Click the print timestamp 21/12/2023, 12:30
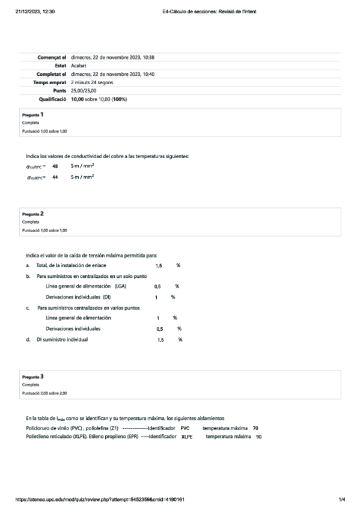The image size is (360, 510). (x=35, y=11)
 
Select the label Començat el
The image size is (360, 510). (x=51, y=57)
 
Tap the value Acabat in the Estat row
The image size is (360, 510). (x=78, y=66)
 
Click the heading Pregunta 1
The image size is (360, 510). (x=32, y=114)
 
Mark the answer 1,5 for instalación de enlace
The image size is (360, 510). (x=159, y=265)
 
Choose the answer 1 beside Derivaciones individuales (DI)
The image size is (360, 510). (x=156, y=297)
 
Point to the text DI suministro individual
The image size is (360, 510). (x=62, y=340)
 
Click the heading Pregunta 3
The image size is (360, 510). (x=32, y=376)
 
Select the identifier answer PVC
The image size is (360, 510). (x=185, y=428)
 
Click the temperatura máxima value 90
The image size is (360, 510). (x=258, y=436)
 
